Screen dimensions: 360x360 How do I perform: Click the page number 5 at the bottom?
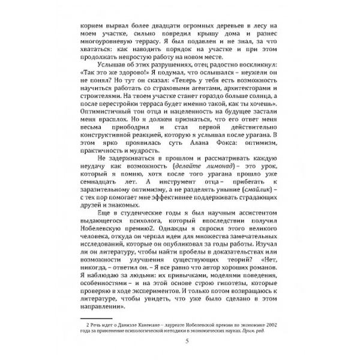[x=180, y=341]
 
